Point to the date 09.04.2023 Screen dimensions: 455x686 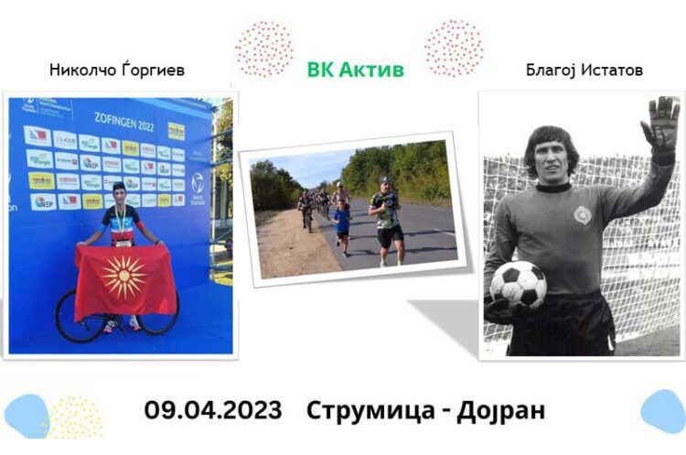tap(213, 409)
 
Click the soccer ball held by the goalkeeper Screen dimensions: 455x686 tap(518, 285)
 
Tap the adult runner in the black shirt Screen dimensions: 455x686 tap(388, 220)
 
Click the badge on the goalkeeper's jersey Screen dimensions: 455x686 tap(583, 215)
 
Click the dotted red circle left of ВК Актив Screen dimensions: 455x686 tap(264, 49)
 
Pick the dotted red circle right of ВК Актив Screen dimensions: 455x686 tap(453, 48)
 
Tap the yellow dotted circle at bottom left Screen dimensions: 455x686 tap(74, 417)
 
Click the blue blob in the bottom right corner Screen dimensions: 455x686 tap(664, 410)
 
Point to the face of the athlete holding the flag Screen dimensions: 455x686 tap(119, 196)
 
